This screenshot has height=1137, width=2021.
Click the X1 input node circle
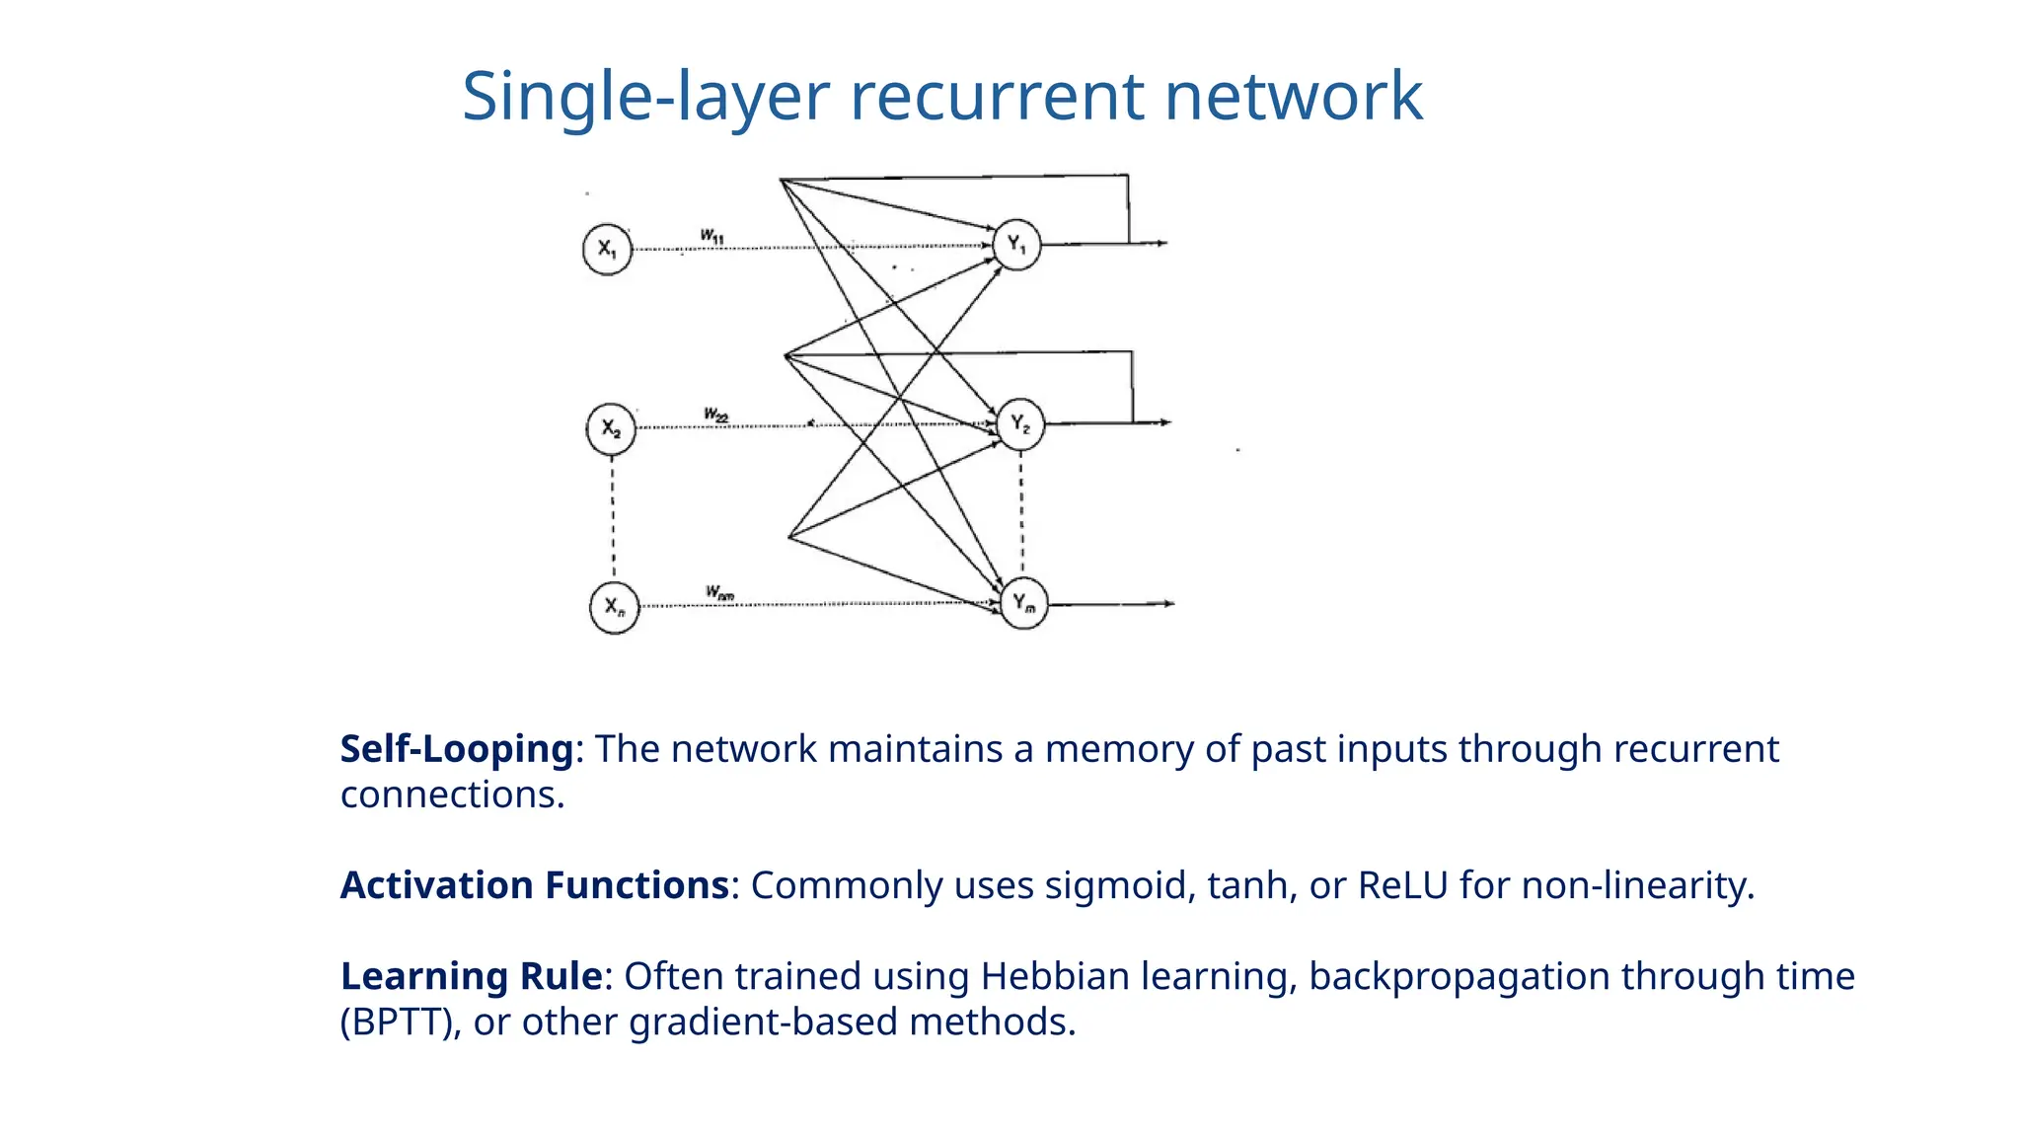point(607,250)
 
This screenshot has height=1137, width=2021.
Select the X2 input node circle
point(611,429)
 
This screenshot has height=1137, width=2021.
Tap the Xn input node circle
point(614,607)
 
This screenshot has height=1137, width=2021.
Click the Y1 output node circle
point(1016,245)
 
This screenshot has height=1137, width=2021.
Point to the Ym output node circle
point(1024,603)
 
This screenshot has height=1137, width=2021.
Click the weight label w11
point(712,236)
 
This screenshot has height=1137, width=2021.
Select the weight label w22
point(716,415)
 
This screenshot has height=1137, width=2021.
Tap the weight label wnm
point(719,593)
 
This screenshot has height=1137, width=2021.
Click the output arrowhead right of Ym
point(1168,603)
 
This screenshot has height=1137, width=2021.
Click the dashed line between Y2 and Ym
point(1021,513)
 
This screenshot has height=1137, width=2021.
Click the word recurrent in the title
point(998,97)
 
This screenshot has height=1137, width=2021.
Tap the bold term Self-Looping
point(457,749)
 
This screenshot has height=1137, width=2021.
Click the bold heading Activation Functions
point(535,885)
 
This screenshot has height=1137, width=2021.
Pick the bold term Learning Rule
point(472,976)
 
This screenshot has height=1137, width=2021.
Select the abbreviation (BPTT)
point(400,1022)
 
